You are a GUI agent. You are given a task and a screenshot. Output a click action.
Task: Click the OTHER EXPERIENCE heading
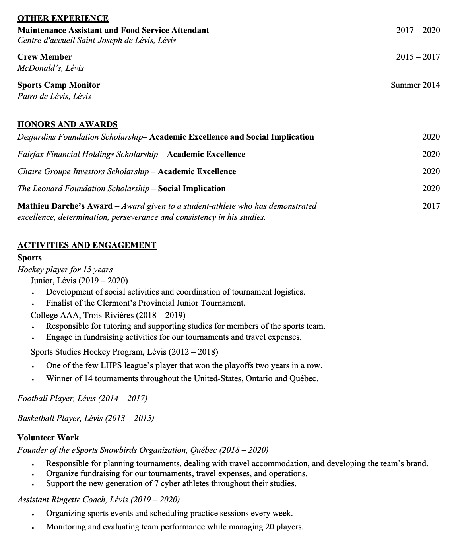click(x=63, y=18)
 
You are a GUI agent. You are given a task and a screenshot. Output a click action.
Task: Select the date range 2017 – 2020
click(x=418, y=30)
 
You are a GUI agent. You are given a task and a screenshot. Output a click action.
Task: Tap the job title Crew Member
click(x=45, y=57)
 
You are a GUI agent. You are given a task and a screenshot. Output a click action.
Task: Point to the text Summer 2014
click(x=415, y=85)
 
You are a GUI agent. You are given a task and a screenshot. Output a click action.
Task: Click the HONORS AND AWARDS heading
click(x=68, y=124)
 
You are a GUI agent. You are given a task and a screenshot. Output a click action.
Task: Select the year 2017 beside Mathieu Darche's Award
click(x=431, y=206)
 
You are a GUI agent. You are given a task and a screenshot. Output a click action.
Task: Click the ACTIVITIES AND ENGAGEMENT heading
click(x=87, y=245)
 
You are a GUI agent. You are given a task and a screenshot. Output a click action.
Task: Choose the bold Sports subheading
click(x=29, y=258)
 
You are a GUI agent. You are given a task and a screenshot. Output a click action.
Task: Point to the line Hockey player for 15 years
click(x=65, y=270)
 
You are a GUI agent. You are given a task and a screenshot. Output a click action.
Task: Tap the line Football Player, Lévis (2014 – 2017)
click(x=82, y=398)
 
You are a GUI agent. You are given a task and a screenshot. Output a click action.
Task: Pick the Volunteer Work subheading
click(x=48, y=438)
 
